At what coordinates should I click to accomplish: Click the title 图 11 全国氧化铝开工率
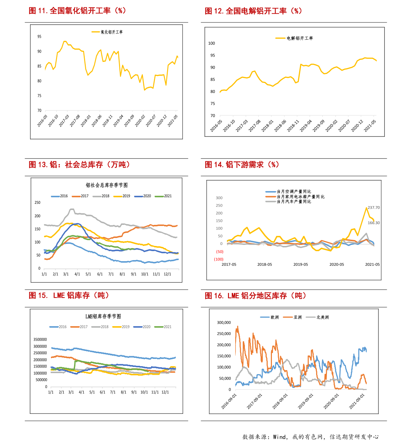(77, 11)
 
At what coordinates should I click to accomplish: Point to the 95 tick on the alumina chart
(39, 37)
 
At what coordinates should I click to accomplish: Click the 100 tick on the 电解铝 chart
(211, 43)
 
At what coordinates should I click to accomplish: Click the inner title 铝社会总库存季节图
(107, 185)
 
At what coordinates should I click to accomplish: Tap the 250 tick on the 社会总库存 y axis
(37, 203)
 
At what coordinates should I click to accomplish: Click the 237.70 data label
(374, 208)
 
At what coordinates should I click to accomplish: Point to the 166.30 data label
(374, 223)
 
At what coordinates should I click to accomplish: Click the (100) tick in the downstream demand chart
(219, 259)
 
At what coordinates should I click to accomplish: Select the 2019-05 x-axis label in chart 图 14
(301, 265)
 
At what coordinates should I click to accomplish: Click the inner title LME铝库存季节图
(103, 316)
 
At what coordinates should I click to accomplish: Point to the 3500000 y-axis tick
(40, 340)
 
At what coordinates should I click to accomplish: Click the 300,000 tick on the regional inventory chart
(224, 323)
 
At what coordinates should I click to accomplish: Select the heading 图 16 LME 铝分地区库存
(255, 296)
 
